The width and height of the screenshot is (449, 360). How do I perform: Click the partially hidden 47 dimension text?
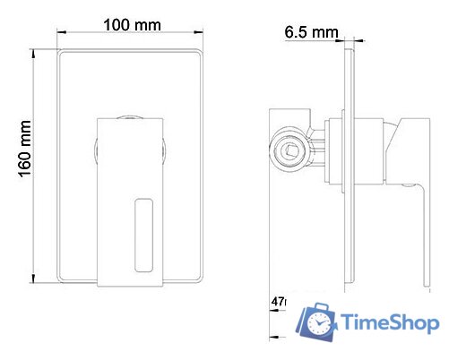coord(277,304)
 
